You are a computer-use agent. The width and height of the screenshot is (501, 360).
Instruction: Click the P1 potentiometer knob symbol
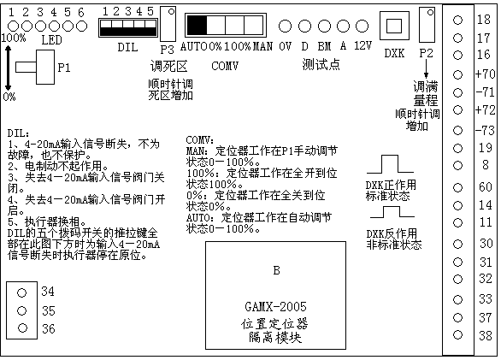35,68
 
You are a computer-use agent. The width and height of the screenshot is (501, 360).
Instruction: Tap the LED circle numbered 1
13,27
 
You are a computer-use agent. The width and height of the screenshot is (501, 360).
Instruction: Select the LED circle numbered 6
82,27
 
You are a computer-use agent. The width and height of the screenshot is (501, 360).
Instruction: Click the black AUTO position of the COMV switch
197,25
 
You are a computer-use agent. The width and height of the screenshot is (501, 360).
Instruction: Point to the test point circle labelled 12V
362,27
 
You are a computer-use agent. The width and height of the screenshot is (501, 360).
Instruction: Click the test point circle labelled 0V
285,27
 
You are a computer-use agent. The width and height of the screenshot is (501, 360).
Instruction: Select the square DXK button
394,26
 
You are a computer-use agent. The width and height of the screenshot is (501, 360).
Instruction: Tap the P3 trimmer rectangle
168,24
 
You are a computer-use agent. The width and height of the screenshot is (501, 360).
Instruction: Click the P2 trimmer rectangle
427,25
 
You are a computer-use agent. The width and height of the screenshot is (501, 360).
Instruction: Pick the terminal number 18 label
484,20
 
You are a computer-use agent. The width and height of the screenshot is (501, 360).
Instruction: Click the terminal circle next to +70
458,74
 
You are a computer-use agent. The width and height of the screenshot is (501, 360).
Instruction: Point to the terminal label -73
485,131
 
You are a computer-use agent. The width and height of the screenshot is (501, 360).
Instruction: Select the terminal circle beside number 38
458,334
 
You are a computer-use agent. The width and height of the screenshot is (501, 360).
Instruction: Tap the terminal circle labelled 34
21,292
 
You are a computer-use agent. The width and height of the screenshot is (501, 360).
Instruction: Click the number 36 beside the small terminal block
49,328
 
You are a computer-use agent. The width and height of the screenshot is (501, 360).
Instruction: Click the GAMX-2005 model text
275,307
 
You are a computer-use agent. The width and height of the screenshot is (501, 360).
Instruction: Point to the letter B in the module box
277,270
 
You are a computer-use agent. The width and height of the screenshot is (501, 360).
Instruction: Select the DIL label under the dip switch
127,47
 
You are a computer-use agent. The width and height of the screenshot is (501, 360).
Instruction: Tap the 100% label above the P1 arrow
14,38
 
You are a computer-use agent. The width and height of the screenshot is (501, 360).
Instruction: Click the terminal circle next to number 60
458,187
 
